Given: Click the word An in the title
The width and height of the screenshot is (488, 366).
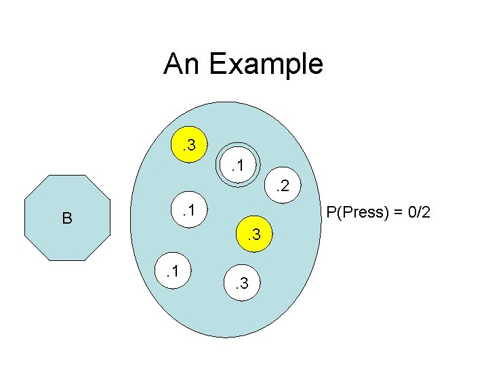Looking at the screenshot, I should tap(182, 64).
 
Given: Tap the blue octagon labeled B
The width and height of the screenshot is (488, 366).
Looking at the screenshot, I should tap(65, 218).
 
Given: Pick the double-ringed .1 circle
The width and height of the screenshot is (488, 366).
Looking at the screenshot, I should tap(239, 164).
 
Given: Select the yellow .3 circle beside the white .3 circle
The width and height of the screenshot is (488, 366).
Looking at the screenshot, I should tap(255, 235).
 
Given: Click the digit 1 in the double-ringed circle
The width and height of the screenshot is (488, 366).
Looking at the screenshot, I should tap(243, 164).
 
